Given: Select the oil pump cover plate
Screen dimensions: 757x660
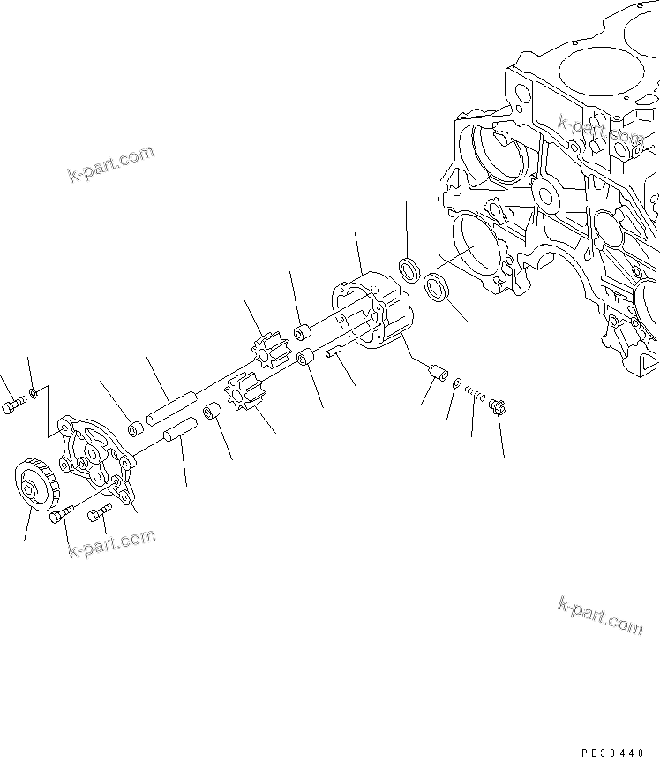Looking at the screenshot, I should click(94, 456).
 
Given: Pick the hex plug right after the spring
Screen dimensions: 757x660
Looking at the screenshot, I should click(496, 406).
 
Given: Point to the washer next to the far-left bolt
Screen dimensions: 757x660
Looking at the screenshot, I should click(33, 391).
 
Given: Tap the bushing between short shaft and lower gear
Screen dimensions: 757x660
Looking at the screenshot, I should click(212, 413).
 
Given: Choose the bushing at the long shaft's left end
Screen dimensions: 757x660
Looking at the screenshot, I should click(135, 429).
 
